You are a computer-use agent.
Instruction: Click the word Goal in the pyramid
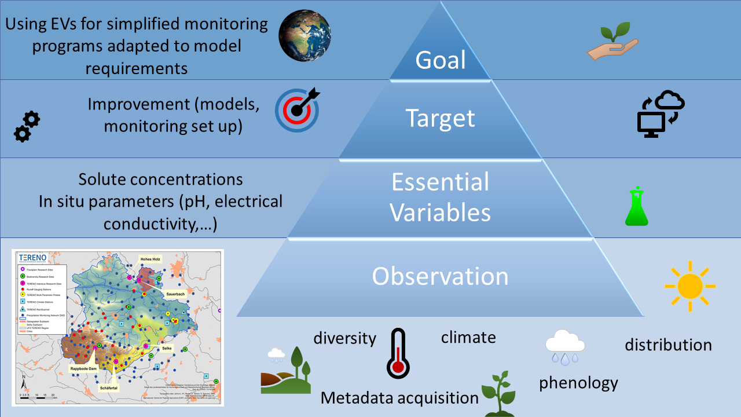point(441,60)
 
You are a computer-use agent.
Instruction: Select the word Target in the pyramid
point(441,118)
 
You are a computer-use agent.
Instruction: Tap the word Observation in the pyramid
point(440,276)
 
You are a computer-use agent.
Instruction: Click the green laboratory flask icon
point(637,207)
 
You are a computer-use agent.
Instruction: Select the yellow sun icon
point(689,286)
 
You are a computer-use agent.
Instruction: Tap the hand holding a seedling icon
point(612,43)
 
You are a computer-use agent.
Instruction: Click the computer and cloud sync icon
point(660,114)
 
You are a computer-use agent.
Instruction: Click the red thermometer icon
point(398,353)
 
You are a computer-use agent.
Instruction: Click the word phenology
point(578,383)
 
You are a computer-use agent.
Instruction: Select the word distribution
point(668,345)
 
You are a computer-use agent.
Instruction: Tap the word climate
point(468,336)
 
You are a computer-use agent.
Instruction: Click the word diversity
point(345,338)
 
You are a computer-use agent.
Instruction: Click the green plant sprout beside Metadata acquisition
point(498,394)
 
